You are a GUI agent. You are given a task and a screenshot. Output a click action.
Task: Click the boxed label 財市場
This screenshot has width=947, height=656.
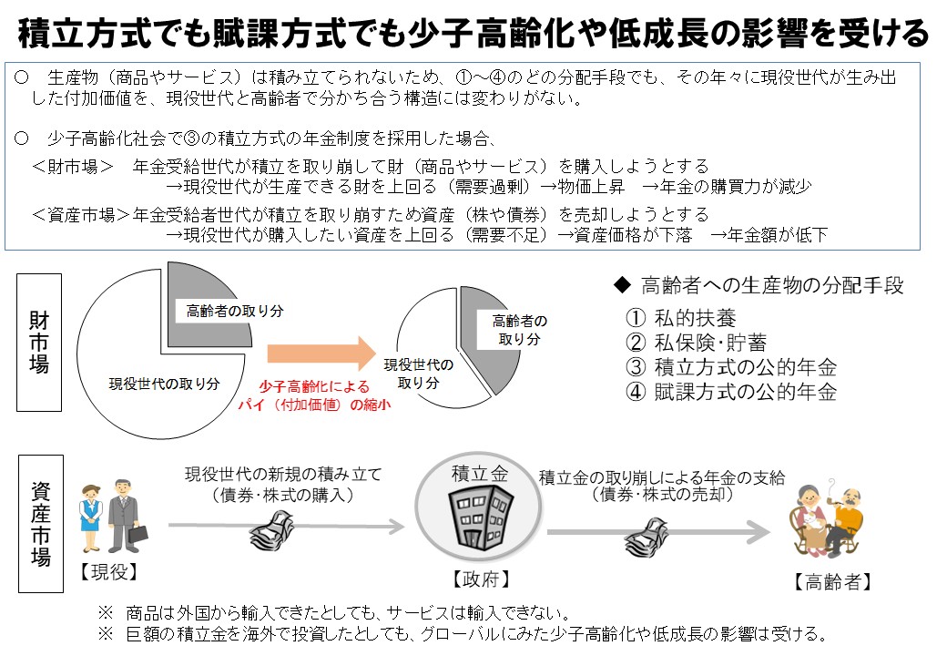(39, 343)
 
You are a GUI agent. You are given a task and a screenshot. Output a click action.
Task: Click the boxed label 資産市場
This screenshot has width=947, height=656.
(41, 523)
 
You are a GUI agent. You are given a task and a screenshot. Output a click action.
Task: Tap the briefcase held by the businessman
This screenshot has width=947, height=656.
(137, 534)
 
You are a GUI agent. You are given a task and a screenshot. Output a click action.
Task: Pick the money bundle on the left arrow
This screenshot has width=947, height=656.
(271, 529)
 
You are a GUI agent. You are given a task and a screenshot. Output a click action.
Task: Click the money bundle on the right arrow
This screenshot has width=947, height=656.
(647, 536)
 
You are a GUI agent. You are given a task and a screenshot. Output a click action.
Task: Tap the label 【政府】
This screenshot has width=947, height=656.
(482, 579)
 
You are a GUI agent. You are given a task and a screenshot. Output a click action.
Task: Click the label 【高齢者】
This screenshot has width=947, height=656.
(833, 581)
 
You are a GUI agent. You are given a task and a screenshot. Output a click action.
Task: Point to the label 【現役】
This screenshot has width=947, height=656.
(108, 571)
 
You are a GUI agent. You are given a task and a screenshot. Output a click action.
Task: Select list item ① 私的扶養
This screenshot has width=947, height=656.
(681, 318)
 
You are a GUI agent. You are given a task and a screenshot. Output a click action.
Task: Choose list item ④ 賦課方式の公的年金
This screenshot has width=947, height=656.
(731, 392)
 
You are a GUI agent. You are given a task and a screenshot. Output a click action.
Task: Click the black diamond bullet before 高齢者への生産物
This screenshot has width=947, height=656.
(622, 284)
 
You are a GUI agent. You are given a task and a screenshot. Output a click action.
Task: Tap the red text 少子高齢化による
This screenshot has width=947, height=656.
(314, 386)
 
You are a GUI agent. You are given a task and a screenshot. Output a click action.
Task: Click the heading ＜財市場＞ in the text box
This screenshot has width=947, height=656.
(73, 166)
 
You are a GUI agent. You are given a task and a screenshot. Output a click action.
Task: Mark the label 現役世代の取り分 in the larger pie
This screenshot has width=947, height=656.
(164, 384)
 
